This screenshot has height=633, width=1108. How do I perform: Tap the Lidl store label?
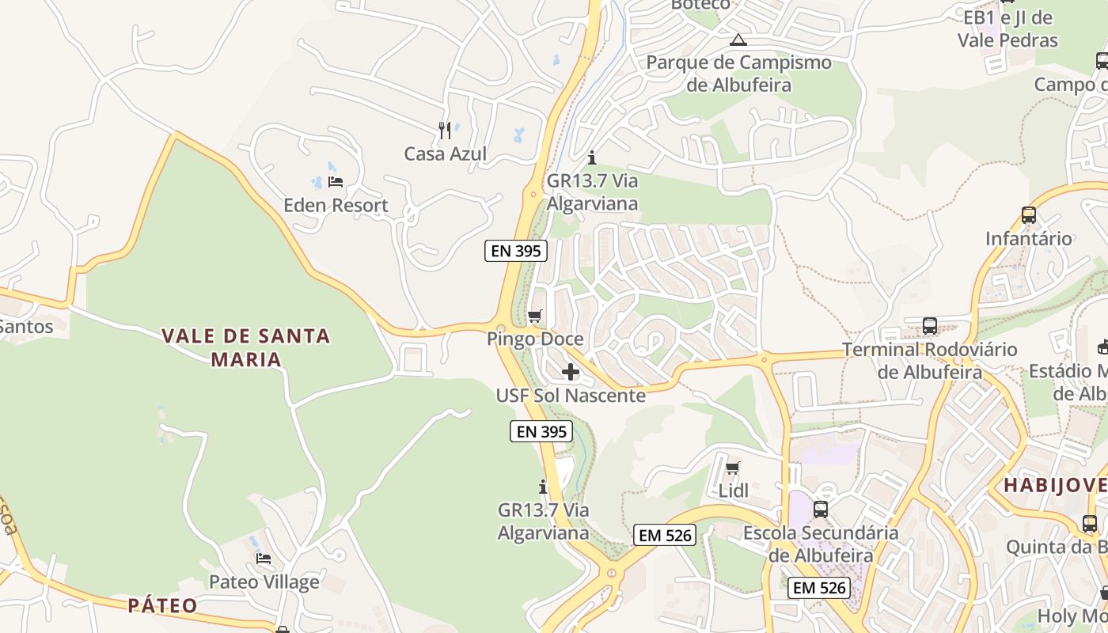[x=733, y=491]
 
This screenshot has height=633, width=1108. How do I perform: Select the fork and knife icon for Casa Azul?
[x=445, y=131]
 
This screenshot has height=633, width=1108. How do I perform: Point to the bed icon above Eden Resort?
[x=336, y=182]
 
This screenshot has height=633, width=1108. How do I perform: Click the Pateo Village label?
[x=264, y=582]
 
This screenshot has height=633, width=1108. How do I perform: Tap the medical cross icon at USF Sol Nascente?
[x=570, y=372]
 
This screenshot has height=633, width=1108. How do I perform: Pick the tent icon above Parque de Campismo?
[x=738, y=40]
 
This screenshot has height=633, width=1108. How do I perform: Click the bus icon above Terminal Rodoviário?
[x=929, y=326]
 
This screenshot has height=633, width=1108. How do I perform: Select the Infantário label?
[x=1028, y=238]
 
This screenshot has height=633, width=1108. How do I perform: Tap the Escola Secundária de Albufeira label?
[x=821, y=544]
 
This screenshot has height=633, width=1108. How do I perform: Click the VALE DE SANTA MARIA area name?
[x=245, y=347]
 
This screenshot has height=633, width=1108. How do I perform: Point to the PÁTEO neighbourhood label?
[x=162, y=606]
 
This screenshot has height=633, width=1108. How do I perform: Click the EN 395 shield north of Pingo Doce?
[x=516, y=251]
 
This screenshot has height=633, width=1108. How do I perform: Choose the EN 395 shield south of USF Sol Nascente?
[x=541, y=431]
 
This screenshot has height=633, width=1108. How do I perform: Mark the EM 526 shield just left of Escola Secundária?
[x=665, y=535]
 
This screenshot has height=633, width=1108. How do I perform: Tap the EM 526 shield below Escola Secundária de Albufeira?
[x=819, y=588]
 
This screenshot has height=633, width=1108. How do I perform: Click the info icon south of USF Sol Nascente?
[x=543, y=487]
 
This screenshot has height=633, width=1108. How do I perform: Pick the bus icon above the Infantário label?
[x=1028, y=215]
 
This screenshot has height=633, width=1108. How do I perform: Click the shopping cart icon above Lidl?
[x=733, y=468]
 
